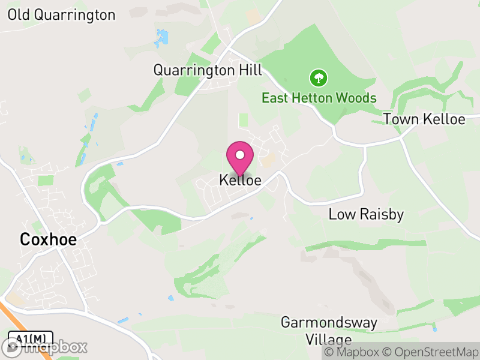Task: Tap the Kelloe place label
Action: coord(240,180)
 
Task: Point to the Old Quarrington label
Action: coord(61,15)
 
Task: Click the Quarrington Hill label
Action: coord(208,70)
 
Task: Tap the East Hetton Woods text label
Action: coord(319,98)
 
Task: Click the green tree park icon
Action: coord(318,77)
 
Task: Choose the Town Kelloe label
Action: coord(424,119)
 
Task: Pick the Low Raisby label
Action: coord(366,214)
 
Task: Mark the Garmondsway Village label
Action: coord(329,331)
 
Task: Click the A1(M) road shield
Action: coord(31,338)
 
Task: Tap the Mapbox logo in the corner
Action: coord(44,347)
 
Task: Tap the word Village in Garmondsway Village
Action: coord(329,340)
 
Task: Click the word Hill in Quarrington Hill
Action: coord(251,70)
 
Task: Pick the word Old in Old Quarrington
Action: coord(19,15)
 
